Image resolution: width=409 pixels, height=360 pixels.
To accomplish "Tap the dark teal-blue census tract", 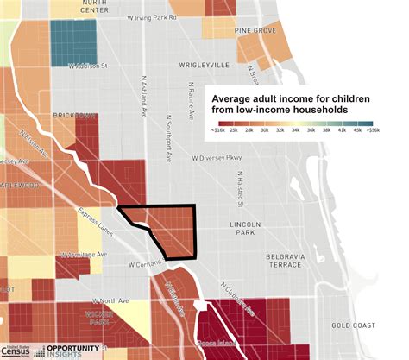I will tap(72, 39).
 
